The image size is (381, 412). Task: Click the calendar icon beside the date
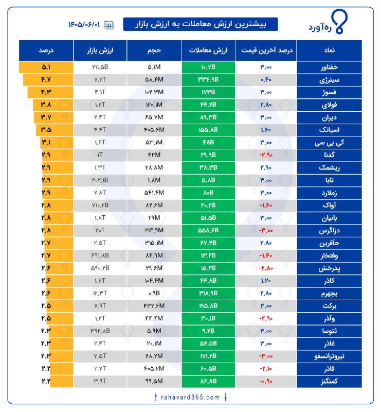pos(109,25)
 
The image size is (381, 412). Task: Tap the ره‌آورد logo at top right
pos(328,22)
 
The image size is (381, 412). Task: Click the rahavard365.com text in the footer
pos(190,397)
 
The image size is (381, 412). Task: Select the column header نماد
pos(329,50)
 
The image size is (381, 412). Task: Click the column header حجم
pos(154,50)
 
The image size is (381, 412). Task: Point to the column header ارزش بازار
pos(100,50)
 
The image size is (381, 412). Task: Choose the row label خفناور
pos(329,67)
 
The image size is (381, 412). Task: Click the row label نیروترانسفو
pos(329,356)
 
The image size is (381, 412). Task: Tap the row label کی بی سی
pos(329,143)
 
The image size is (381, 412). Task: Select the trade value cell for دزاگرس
pos(208,230)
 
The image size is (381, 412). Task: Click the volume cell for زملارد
pos(154,193)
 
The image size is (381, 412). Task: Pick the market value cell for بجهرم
pos(100,293)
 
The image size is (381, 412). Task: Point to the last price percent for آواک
pos(266,205)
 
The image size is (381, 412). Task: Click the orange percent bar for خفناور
pos(46,67)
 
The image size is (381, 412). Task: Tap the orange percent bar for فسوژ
pos(50,93)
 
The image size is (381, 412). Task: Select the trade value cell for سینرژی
pos(208,80)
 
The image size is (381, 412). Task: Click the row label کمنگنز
pos(329,381)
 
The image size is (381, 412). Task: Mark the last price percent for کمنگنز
pos(266,381)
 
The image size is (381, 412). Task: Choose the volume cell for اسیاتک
pos(154,130)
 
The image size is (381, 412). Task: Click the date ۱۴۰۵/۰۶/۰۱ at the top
pos(84,25)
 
